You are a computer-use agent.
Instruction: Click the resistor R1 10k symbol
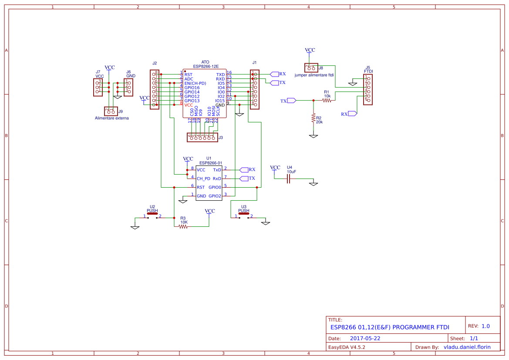point(327,100)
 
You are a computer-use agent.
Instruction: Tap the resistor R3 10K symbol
point(183,226)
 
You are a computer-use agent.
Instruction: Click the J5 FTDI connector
point(368,89)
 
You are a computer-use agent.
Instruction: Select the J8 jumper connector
point(311,67)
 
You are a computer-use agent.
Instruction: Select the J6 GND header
point(128,87)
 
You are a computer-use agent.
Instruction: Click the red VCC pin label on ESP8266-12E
point(189,105)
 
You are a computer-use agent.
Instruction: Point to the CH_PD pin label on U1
point(203,178)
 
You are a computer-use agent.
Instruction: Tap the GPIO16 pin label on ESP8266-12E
point(192,87)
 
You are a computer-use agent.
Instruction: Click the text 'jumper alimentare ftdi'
point(314,75)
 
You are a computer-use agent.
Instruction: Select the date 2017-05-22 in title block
point(365,338)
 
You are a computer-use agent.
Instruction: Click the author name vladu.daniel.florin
point(467,347)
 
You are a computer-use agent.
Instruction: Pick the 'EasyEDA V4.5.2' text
point(346,347)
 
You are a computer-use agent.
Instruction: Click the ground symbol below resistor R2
point(313,136)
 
